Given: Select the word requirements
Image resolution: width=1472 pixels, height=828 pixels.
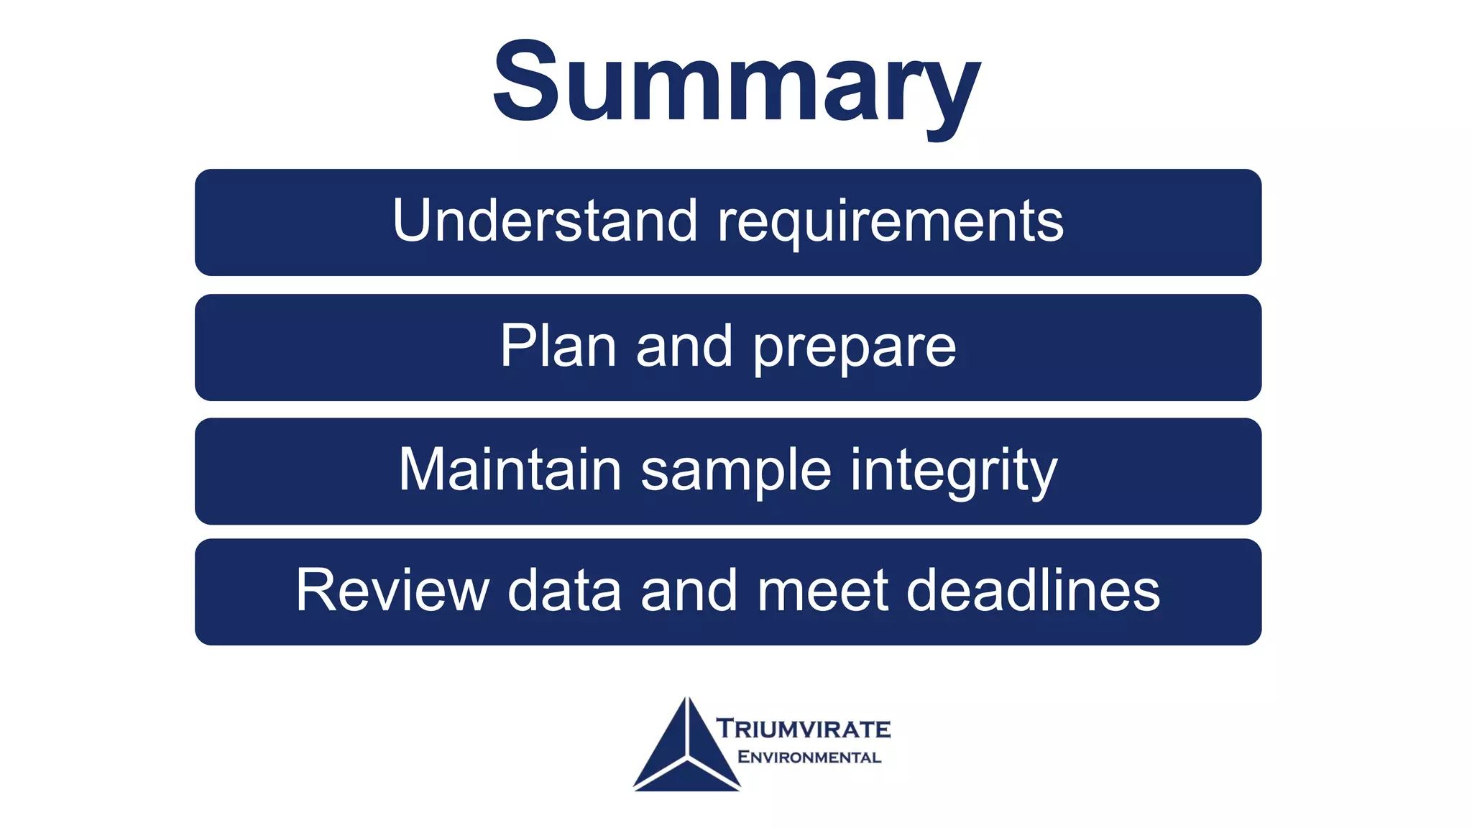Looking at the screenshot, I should (891, 223).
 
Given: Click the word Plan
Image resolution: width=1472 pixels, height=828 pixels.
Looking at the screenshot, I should (558, 346).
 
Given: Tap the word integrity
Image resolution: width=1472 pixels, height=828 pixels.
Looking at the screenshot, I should (954, 471).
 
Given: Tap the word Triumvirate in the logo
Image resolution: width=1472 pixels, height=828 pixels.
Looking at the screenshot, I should (804, 729).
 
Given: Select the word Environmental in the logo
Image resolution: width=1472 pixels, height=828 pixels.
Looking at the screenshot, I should (809, 757).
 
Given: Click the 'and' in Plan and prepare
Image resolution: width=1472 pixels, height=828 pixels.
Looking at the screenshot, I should (684, 346).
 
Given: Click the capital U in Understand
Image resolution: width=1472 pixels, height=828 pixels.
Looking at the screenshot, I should (414, 220).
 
